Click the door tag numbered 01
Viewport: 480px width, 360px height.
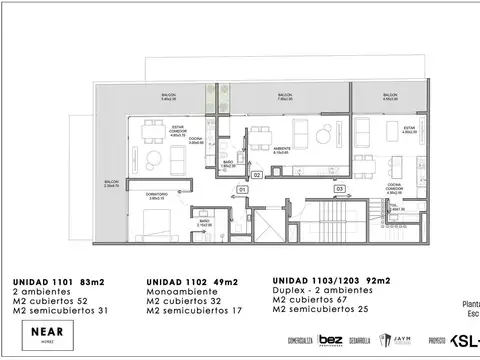coord(241,189)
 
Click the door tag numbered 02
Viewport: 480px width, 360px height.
coord(256,175)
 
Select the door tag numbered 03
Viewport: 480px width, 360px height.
coord(339,188)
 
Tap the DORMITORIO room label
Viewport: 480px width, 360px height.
coord(155,196)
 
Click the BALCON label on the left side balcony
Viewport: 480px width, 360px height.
coord(108,182)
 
